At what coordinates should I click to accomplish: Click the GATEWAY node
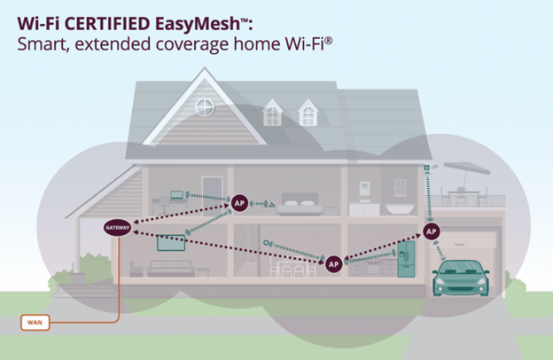click(x=118, y=228)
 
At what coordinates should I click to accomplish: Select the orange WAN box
click(x=35, y=322)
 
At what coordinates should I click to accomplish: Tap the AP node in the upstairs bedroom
click(x=239, y=203)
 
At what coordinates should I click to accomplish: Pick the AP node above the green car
click(x=432, y=231)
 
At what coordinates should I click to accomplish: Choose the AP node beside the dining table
click(x=333, y=264)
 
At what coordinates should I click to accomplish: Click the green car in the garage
click(x=461, y=278)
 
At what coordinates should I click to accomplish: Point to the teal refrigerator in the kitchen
click(x=406, y=259)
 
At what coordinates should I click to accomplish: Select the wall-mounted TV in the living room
click(x=171, y=243)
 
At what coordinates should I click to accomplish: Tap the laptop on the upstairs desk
click(x=177, y=195)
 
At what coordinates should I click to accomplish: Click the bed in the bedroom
click(x=300, y=204)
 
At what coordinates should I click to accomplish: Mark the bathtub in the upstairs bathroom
click(x=401, y=208)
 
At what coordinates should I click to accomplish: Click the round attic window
click(x=205, y=107)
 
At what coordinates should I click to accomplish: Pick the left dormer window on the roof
click(x=272, y=113)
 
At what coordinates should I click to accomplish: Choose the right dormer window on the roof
click(x=308, y=113)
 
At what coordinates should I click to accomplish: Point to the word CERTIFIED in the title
click(x=105, y=24)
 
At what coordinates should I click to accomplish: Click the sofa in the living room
click(x=171, y=269)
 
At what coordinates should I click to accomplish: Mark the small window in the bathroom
click(x=401, y=187)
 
